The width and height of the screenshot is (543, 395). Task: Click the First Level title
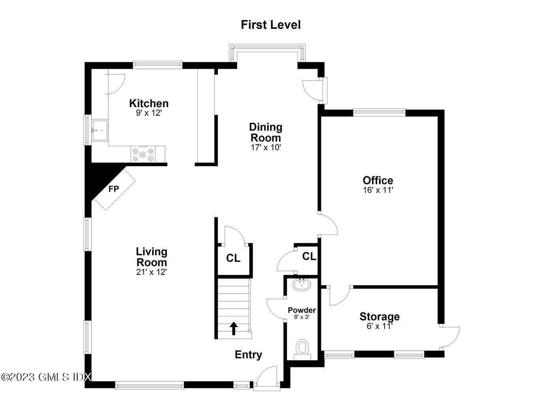click(271, 25)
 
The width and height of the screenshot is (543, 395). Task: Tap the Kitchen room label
click(149, 103)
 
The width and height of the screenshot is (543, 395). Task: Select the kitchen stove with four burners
click(143, 154)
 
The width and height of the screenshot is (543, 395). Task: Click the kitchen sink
click(99, 130)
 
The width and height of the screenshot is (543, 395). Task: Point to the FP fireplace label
click(114, 189)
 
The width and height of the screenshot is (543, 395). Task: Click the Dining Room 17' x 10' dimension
click(266, 148)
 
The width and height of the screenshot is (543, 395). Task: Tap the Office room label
click(378, 181)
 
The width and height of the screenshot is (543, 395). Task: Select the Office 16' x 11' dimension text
click(378, 190)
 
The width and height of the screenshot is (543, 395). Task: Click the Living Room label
click(152, 257)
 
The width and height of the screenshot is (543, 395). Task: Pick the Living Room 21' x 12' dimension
click(152, 272)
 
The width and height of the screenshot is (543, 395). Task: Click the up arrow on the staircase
click(234, 328)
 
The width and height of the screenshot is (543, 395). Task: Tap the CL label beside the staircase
click(233, 258)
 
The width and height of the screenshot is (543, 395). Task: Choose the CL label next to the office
click(309, 256)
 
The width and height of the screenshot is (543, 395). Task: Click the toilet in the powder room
click(303, 348)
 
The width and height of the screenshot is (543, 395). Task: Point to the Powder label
click(302, 310)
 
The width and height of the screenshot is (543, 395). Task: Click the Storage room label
click(380, 317)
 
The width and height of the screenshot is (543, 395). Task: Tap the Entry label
click(248, 355)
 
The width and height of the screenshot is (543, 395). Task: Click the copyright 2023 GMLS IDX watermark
click(46, 377)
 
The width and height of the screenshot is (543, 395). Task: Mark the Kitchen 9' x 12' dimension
click(149, 113)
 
